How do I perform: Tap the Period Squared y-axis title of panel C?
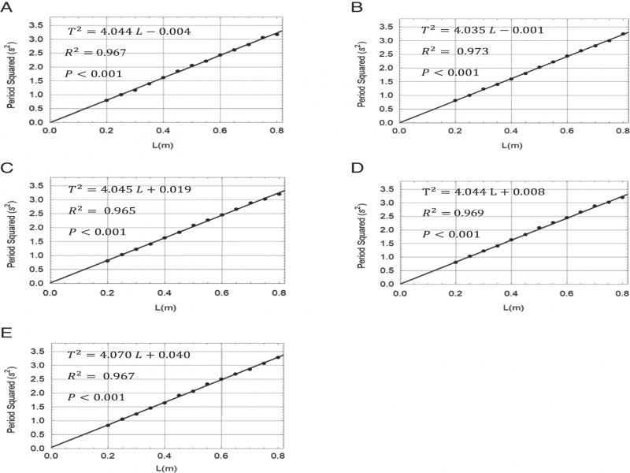(12, 229)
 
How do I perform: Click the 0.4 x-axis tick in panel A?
(163, 131)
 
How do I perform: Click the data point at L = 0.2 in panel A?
(107, 100)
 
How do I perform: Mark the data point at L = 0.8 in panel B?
(622, 34)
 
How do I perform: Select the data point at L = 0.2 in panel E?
(107, 426)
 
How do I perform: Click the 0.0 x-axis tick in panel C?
(50, 292)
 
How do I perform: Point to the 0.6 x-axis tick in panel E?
(220, 456)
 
